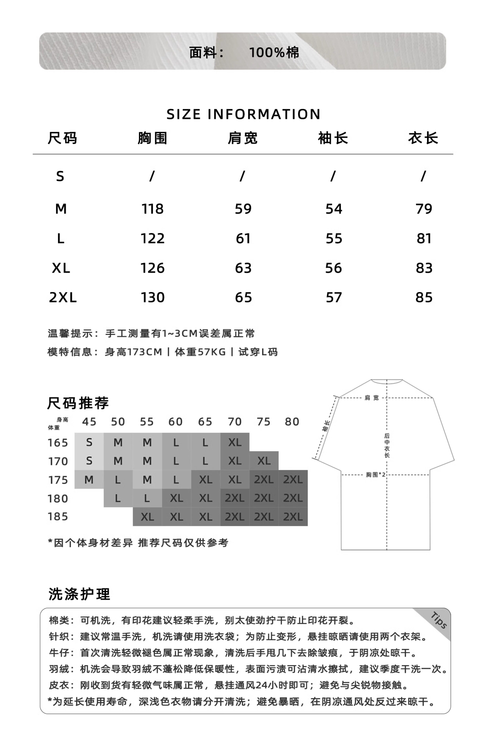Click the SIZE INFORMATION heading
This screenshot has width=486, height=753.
(x=243, y=114)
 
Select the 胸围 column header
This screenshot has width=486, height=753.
(x=152, y=138)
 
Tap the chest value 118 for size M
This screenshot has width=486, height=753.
(x=152, y=209)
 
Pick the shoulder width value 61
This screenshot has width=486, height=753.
(x=243, y=238)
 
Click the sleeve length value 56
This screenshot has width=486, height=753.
(x=334, y=268)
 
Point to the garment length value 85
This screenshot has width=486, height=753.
(x=424, y=297)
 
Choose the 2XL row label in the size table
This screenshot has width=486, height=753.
(x=63, y=297)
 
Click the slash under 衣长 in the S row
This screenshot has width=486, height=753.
(x=423, y=176)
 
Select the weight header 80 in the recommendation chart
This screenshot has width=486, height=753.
(x=292, y=422)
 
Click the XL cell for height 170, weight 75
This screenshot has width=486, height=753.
(x=264, y=461)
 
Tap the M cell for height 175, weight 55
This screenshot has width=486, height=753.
(x=147, y=480)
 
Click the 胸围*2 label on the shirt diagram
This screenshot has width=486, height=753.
(x=375, y=475)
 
